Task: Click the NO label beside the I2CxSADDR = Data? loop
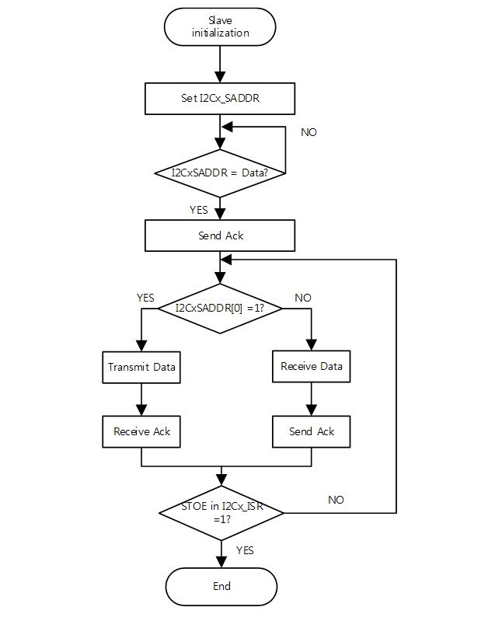point(309,132)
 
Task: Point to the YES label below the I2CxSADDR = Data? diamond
point(199,210)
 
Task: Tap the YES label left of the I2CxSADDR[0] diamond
point(145,298)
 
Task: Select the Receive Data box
point(311,366)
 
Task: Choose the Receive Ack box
point(141,431)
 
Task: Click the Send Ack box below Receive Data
point(311,431)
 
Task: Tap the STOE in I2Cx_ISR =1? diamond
point(221,513)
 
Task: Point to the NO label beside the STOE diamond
point(336,500)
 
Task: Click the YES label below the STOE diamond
point(244,549)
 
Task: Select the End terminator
point(221,586)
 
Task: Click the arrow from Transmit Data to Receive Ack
point(141,399)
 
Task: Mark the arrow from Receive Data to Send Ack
point(311,399)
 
